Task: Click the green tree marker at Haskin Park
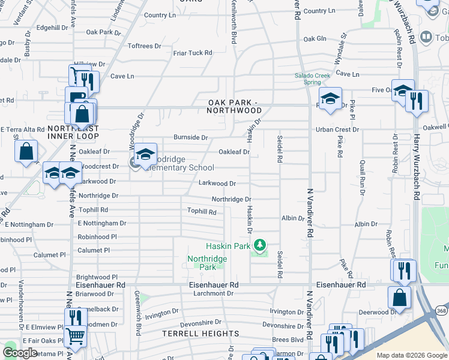point(259,245)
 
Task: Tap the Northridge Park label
point(207,263)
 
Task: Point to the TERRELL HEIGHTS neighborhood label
point(201,334)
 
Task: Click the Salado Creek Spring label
point(312,79)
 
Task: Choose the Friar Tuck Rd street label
point(193,53)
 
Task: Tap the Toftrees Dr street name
point(145,46)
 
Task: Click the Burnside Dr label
point(190,137)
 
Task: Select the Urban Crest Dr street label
point(337,130)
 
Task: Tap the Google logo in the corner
point(20,352)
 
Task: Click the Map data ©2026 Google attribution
point(412,355)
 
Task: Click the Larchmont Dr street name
point(213,293)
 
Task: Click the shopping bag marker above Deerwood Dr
point(400,296)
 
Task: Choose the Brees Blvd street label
point(288,339)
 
